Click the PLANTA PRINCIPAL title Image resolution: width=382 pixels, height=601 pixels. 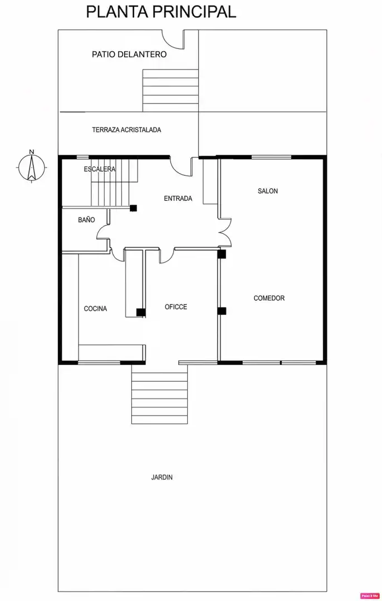pyautogui.click(x=161, y=12)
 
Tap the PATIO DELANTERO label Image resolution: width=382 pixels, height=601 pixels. pyautogui.click(x=129, y=55)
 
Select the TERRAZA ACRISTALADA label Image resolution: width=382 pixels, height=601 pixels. pyautogui.click(x=126, y=130)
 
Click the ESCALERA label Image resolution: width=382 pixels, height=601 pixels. pyautogui.click(x=100, y=169)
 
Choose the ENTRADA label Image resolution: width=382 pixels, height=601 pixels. pyautogui.click(x=178, y=199)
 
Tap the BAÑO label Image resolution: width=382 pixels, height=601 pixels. pyautogui.click(x=86, y=220)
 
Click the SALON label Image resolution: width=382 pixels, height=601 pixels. pyautogui.click(x=268, y=191)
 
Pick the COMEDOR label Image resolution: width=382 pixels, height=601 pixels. pyautogui.click(x=270, y=298)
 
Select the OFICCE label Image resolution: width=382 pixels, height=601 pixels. pyautogui.click(x=176, y=307)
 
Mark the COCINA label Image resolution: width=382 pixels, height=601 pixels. pyautogui.click(x=96, y=308)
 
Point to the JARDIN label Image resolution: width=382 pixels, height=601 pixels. pyautogui.click(x=162, y=477)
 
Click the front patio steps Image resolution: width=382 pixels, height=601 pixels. pyautogui.click(x=170, y=91)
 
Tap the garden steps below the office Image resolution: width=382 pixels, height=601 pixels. pyautogui.click(x=160, y=395)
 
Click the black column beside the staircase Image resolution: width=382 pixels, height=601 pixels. pyautogui.click(x=134, y=208)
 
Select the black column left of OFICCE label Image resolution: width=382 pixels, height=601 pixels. pyautogui.click(x=141, y=312)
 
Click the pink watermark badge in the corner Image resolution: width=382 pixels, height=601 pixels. pyautogui.click(x=369, y=596)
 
